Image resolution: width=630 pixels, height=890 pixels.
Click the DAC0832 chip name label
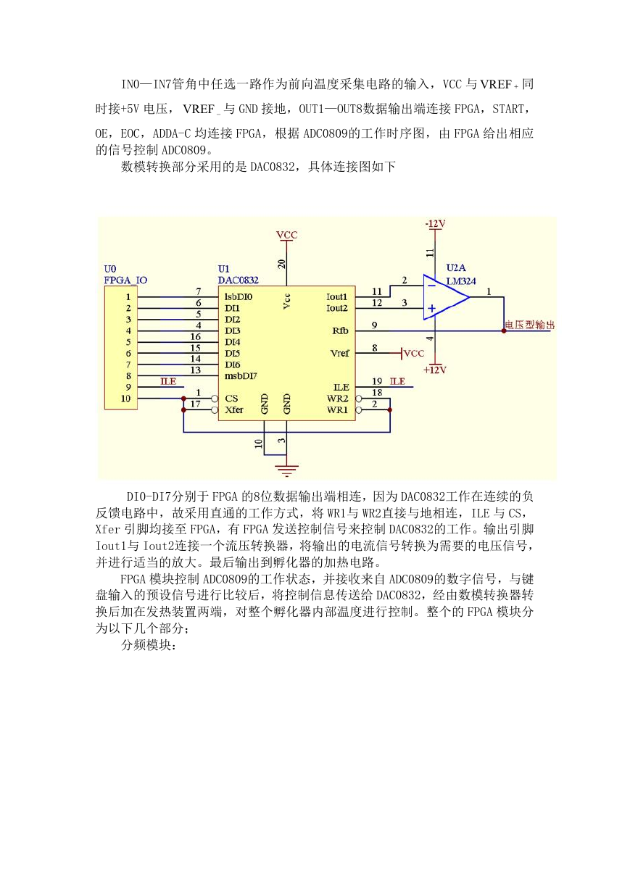238,280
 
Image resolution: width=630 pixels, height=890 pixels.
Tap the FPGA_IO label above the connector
125,280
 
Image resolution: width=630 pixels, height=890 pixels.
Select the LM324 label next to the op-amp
461,281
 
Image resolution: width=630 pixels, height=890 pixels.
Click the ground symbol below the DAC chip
286,470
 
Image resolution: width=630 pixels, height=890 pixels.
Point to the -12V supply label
435,224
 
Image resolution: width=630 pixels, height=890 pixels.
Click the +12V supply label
435,370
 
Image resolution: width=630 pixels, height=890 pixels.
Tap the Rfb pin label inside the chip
341,330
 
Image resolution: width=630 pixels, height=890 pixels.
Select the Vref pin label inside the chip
340,353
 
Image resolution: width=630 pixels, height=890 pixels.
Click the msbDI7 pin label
241,376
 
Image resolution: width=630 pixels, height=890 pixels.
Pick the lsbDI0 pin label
239,297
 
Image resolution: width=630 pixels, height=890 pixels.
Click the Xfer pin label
234,409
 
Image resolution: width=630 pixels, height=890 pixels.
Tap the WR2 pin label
337,399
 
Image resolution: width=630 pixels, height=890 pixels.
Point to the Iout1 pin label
337,297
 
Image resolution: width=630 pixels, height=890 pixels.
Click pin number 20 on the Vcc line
282,264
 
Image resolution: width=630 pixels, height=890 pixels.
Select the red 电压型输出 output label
529,325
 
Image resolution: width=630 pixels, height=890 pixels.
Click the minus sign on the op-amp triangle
432,285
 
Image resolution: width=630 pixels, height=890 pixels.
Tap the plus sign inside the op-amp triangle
431,308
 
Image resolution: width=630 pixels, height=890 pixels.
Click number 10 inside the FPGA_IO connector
125,399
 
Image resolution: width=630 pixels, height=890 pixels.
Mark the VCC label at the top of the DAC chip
286,235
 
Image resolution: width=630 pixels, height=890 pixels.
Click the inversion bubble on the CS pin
215,399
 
